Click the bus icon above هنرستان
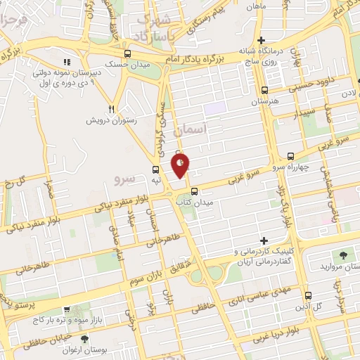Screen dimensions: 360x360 (264, 90)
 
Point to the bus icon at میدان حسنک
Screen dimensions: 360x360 (127, 53)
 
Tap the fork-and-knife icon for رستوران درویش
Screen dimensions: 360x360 (111, 109)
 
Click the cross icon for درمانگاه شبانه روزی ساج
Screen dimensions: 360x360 (261, 40)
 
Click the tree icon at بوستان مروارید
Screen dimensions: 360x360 (342, 254)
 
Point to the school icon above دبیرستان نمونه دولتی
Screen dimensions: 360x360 (67, 61)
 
